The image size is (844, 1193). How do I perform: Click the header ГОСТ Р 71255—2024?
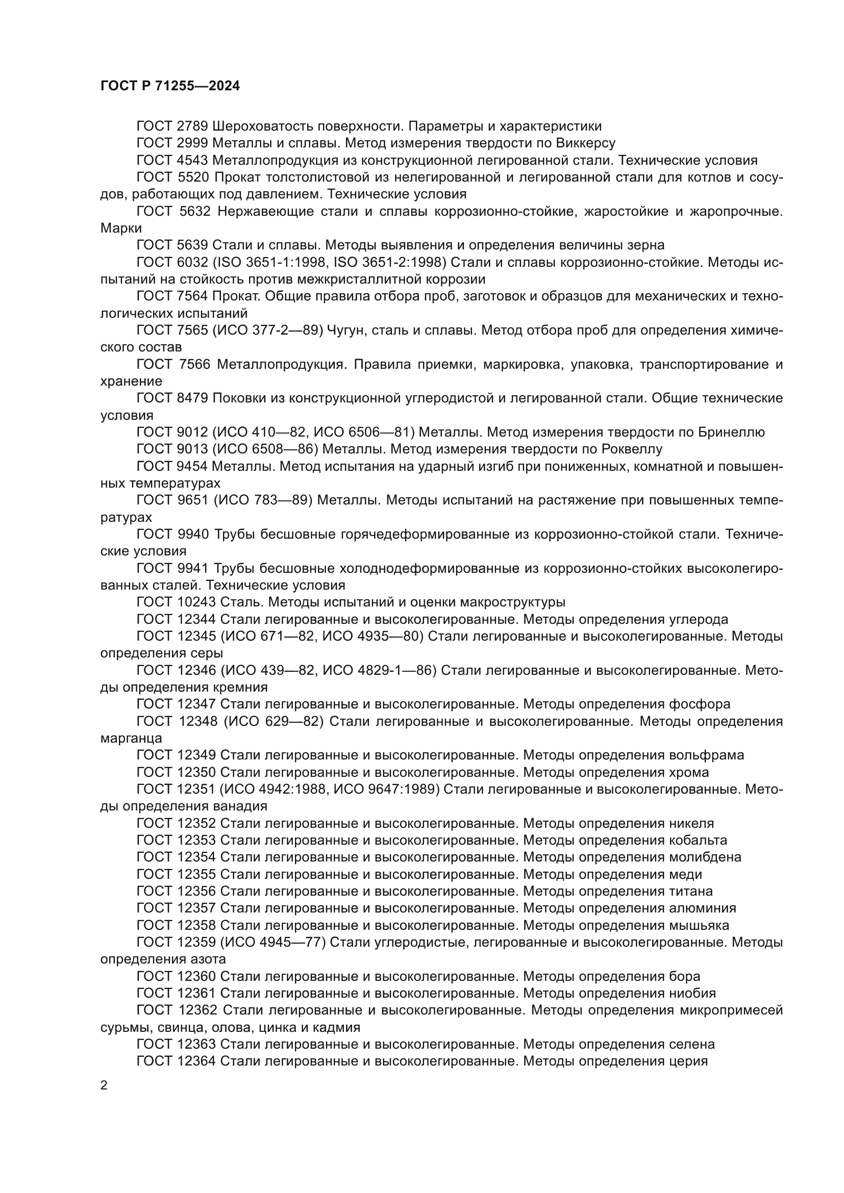pos(170,86)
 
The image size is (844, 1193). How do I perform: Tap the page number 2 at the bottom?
pos(104,1085)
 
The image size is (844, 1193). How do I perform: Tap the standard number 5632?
pos(193,212)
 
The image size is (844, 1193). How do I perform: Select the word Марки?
pos(120,228)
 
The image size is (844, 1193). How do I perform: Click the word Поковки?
pos(238,398)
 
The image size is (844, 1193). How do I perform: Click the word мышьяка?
pos(700,925)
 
